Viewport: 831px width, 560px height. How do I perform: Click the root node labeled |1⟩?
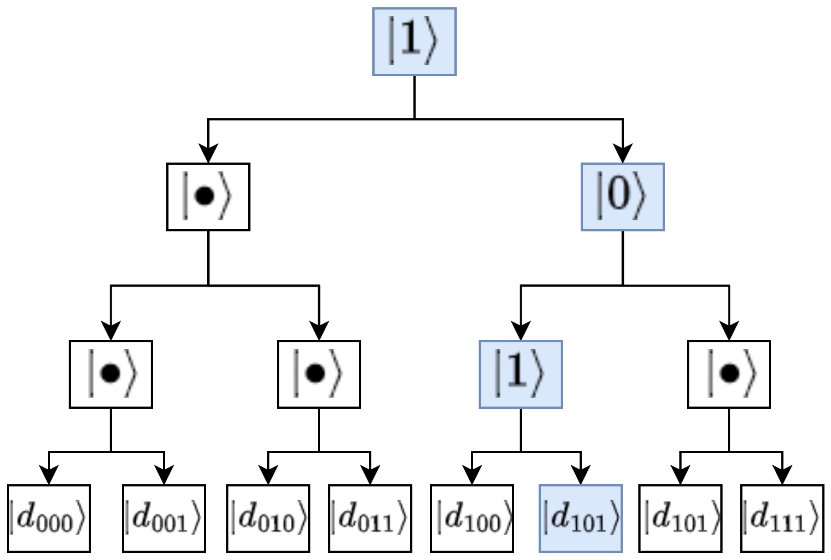click(x=414, y=41)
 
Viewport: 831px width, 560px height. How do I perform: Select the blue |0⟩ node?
click(x=623, y=197)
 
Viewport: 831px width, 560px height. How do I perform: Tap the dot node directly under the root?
click(x=208, y=197)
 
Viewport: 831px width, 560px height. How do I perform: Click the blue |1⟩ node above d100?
click(x=521, y=374)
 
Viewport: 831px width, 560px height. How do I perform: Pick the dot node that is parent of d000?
click(x=111, y=374)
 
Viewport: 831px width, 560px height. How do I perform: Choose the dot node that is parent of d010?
click(x=319, y=374)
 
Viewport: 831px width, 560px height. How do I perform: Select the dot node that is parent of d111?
click(x=729, y=374)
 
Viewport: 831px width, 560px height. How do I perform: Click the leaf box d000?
click(x=48, y=518)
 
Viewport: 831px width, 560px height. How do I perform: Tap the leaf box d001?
click(x=164, y=518)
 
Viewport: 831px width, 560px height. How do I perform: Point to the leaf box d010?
click(x=268, y=518)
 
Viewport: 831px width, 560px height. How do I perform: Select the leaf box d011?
click(x=370, y=518)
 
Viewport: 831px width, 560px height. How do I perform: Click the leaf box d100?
click(x=472, y=518)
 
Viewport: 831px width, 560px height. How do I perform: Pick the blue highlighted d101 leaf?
click(x=580, y=518)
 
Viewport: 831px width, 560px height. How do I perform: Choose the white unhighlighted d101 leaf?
click(x=680, y=518)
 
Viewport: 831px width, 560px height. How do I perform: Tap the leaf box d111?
click(x=783, y=518)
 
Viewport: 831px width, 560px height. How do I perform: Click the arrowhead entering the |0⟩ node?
click(x=623, y=153)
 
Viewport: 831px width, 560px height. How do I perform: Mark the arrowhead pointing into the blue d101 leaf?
click(x=580, y=474)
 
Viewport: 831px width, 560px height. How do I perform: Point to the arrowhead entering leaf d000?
click(x=48, y=474)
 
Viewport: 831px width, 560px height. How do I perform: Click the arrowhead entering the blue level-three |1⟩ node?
click(x=521, y=330)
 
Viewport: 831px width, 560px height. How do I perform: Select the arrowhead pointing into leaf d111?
click(x=783, y=474)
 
